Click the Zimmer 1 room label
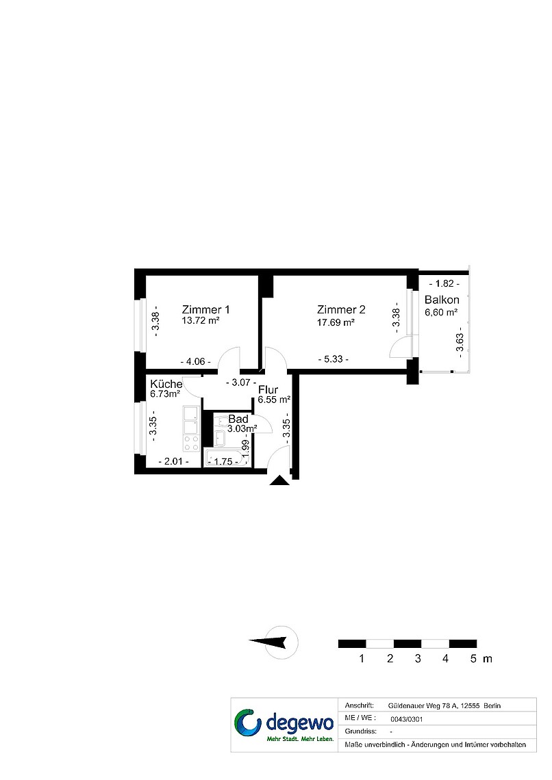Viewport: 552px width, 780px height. point(205,309)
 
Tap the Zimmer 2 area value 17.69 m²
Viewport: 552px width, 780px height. point(336,322)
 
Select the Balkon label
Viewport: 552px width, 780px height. point(442,300)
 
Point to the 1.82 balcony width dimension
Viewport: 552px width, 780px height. point(444,283)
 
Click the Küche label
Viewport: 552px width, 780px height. point(166,384)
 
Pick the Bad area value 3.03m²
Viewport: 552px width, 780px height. point(242,428)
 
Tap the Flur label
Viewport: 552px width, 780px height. point(268,389)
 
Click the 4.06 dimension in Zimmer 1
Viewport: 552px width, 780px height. point(196,362)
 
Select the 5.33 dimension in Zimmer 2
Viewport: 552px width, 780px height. point(333,359)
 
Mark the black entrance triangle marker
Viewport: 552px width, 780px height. point(279,480)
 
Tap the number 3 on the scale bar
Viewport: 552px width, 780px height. point(418,659)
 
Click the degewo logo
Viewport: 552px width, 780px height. point(284,725)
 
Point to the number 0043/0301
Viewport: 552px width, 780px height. point(407,719)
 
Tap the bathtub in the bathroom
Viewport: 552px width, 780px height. point(227,457)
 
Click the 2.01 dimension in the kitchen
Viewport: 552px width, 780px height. point(173,462)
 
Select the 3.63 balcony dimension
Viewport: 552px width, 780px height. point(460,341)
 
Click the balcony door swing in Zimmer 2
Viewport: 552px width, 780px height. point(399,347)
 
